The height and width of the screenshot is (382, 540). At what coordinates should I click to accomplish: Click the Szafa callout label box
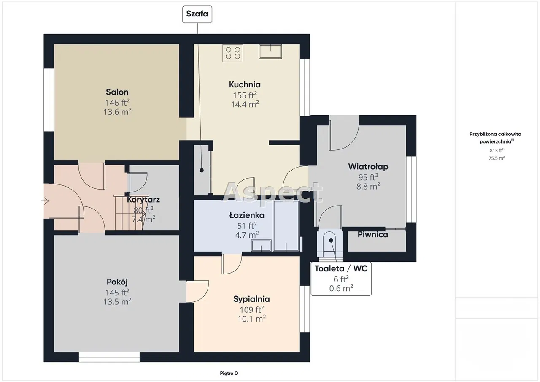click(197, 14)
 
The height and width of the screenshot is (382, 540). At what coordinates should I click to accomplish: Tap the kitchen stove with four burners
click(233, 53)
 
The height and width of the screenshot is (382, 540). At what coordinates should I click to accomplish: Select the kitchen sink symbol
click(270, 51)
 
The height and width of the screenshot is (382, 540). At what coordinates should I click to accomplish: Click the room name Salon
click(117, 92)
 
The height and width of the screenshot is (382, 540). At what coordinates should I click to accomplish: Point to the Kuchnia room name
click(245, 84)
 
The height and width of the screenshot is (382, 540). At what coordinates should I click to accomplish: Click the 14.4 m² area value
click(245, 104)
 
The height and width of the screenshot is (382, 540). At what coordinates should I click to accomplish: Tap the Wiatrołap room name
click(368, 167)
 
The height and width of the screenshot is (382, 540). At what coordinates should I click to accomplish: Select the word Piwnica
click(373, 234)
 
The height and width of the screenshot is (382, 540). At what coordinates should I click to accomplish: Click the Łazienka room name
click(247, 215)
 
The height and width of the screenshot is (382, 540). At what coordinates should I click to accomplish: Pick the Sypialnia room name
click(251, 299)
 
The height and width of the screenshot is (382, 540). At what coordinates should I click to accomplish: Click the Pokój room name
click(117, 282)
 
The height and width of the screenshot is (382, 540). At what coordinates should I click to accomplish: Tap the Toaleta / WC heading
click(341, 268)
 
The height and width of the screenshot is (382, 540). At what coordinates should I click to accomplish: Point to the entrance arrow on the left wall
click(45, 201)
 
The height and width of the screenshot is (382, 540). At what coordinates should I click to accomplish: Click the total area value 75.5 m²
click(497, 158)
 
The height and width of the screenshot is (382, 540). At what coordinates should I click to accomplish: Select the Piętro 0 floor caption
click(229, 373)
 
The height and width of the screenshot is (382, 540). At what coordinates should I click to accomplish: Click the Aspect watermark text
click(273, 192)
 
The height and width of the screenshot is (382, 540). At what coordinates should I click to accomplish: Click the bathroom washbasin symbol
click(261, 246)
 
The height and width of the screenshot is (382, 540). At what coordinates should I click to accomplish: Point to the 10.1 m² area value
click(252, 319)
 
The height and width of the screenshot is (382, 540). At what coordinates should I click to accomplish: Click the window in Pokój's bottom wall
click(109, 357)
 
